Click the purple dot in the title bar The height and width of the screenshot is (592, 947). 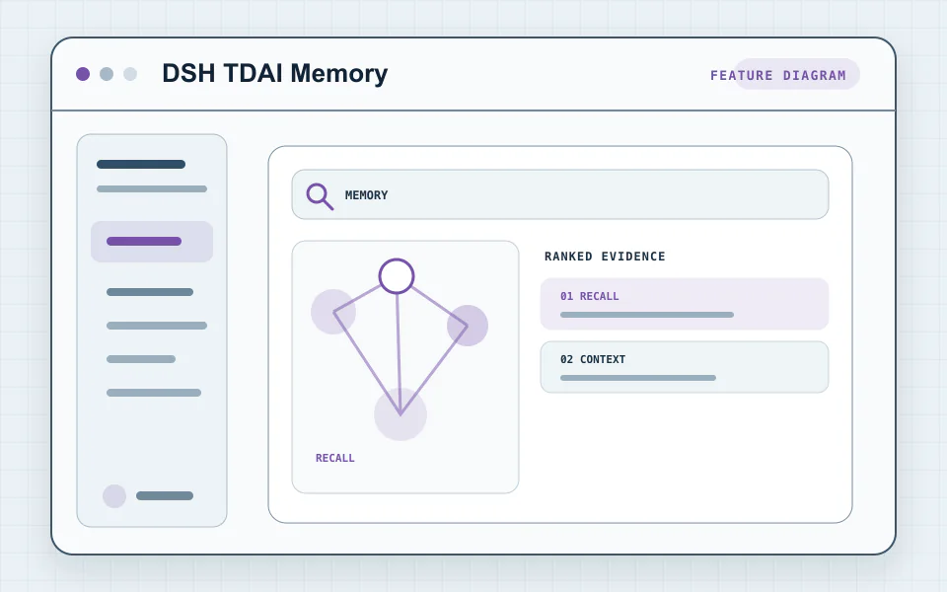[83, 74]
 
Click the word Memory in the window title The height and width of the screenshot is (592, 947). [338, 73]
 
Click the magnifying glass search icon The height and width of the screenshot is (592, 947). [320, 196]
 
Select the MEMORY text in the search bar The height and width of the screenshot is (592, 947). [366, 195]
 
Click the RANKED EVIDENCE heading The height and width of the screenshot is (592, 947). [605, 257]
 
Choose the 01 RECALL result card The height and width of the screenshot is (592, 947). [685, 304]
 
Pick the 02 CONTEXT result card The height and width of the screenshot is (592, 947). [685, 367]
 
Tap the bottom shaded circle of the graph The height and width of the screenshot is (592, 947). [401, 414]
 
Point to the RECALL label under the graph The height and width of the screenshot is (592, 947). [334, 458]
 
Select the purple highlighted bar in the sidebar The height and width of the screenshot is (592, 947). [144, 242]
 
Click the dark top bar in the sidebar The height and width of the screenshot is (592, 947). [141, 165]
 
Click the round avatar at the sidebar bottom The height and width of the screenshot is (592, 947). [114, 496]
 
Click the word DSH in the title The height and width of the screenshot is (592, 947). [188, 73]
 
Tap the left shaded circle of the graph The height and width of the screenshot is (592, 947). [333, 312]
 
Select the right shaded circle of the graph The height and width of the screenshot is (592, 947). [468, 326]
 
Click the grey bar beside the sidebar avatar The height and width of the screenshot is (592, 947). [165, 496]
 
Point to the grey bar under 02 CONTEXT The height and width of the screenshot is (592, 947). [638, 378]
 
